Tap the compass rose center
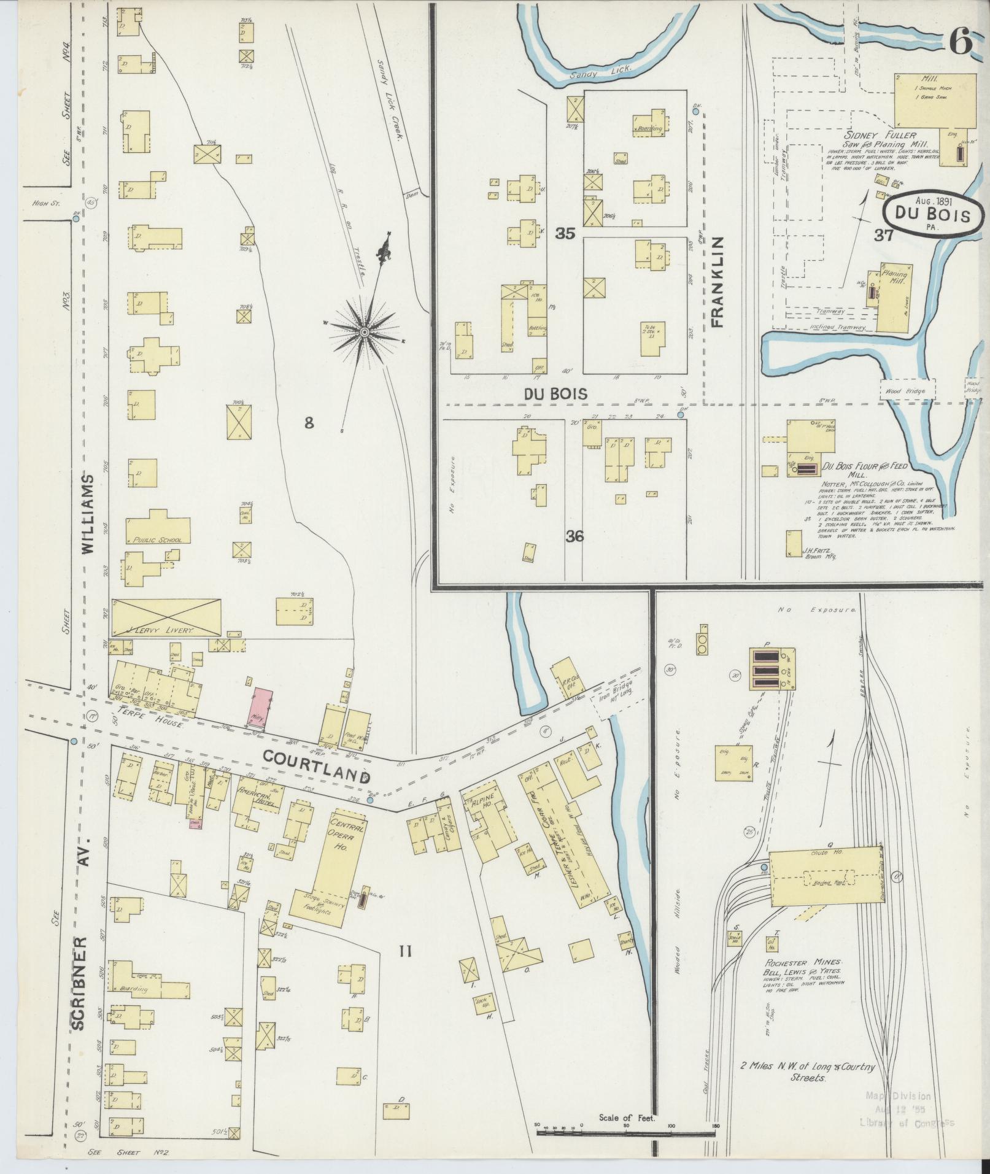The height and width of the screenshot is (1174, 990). click(364, 332)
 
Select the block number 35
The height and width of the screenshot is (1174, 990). click(564, 234)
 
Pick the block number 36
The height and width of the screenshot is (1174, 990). click(574, 536)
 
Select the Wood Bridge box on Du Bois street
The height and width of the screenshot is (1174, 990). click(908, 389)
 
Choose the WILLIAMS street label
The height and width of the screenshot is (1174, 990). click(88, 514)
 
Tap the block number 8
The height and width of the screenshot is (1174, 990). click(309, 422)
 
